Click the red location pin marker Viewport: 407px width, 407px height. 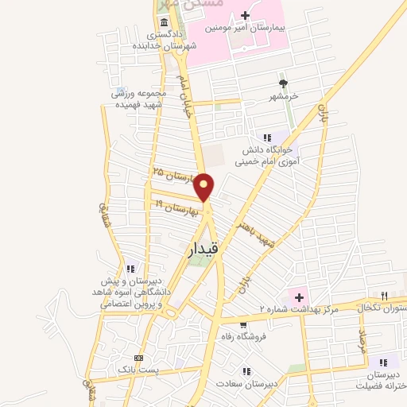click(205, 186)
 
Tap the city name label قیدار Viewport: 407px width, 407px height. click(204, 249)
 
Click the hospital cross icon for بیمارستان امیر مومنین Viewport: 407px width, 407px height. click(245, 16)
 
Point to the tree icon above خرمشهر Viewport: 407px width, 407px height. click(282, 82)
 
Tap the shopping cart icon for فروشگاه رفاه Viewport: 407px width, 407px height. click(242, 324)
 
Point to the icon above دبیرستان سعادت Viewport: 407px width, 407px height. click(246, 370)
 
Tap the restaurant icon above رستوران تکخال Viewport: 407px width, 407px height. click(390, 293)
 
